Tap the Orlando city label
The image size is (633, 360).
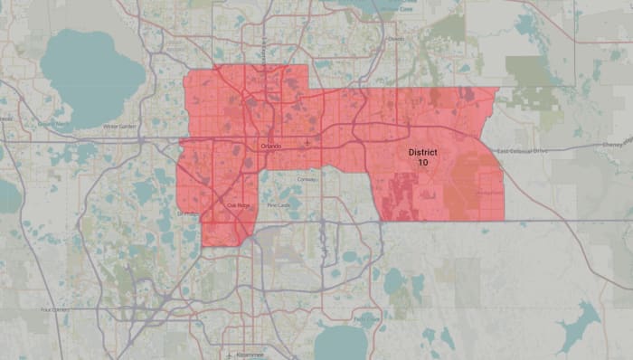click(269, 147)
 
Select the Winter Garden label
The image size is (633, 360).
click(119, 127)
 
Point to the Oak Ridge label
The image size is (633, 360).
click(236, 204)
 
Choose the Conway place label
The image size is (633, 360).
click(307, 180)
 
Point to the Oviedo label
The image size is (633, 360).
click(396, 40)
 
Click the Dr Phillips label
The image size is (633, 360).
click(188, 213)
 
